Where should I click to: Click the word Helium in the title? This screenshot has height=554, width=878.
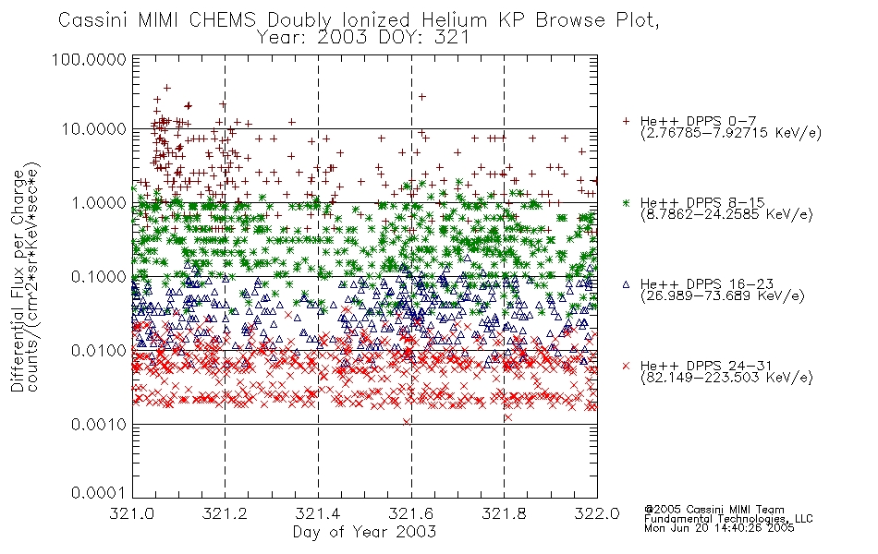(454, 20)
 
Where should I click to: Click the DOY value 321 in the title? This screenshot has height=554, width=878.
(451, 38)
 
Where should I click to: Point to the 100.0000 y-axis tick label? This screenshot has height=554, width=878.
(89, 59)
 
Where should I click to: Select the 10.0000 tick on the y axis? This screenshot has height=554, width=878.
(93, 129)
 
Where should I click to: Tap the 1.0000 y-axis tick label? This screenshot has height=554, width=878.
(99, 202)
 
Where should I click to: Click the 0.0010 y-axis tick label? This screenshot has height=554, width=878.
(99, 425)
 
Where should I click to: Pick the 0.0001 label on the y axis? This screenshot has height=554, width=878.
(99, 493)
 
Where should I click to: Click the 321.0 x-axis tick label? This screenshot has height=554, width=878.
(132, 513)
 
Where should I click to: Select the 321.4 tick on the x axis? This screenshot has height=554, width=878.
(318, 513)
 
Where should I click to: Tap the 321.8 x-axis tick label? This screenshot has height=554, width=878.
(504, 513)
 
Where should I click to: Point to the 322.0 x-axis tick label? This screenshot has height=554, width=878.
(597, 513)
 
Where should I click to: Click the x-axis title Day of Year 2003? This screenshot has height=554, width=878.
(364, 532)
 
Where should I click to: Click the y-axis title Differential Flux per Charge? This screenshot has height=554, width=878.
(18, 281)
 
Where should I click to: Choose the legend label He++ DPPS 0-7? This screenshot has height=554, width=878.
(699, 121)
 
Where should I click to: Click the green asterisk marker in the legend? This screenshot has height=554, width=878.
(626, 202)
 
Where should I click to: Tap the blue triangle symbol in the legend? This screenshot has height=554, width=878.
(626, 284)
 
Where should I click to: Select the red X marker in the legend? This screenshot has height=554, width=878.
(626, 366)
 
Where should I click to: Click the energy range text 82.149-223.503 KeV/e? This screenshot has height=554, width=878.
(726, 378)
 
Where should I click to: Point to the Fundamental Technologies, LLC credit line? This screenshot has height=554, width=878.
(728, 519)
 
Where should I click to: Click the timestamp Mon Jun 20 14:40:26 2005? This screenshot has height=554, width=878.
(719, 528)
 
